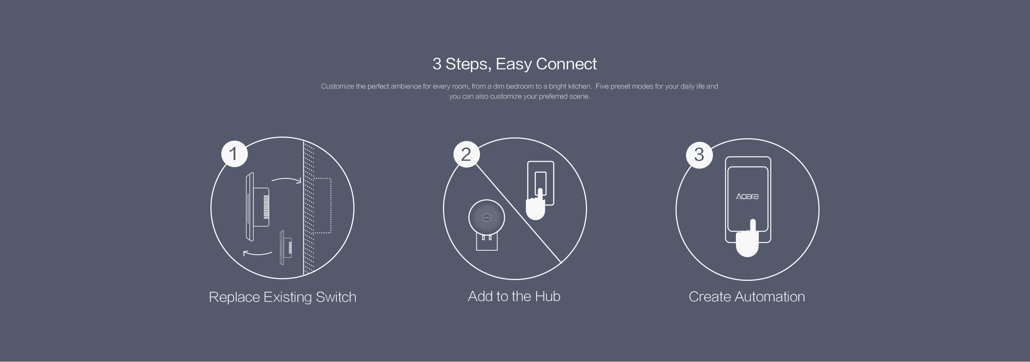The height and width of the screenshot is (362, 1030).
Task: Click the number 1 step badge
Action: pos(234,154)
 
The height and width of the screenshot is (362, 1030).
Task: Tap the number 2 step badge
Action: pos(466,154)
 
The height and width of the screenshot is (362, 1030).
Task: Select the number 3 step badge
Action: pos(699,155)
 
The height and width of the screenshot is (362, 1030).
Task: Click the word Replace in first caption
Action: pos(234,297)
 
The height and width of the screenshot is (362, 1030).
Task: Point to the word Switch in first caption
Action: pos(336,297)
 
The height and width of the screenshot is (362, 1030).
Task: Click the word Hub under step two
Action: pos(547,297)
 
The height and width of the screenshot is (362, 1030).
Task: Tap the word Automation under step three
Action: pos(770,297)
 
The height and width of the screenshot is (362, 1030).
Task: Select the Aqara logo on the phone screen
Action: pos(747,196)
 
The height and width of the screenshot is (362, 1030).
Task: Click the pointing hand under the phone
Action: pos(747,241)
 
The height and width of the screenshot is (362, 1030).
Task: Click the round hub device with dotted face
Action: pos(486,218)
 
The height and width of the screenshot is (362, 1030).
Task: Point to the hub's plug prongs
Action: pos(486,238)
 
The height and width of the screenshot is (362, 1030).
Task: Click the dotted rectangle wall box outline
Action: pos(322,205)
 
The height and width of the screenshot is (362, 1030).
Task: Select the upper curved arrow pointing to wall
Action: pos(286,179)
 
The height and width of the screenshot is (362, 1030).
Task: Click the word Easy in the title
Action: pos(513,64)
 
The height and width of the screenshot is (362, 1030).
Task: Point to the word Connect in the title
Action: pos(566,64)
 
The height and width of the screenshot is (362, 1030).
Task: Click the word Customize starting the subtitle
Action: pos(337,86)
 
